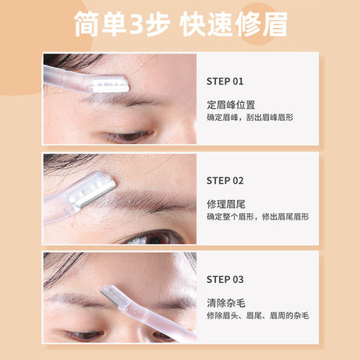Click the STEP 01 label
pyautogui.click(x=225, y=81)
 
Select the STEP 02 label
pyautogui.click(x=225, y=181)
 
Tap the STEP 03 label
pyautogui.click(x=225, y=279)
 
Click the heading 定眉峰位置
pyautogui.click(x=230, y=103)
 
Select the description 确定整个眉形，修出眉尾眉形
pyautogui.click(x=258, y=216)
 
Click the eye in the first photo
pyautogui.click(x=122, y=135)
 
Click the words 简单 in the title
pyautogui.click(x=100, y=25)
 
